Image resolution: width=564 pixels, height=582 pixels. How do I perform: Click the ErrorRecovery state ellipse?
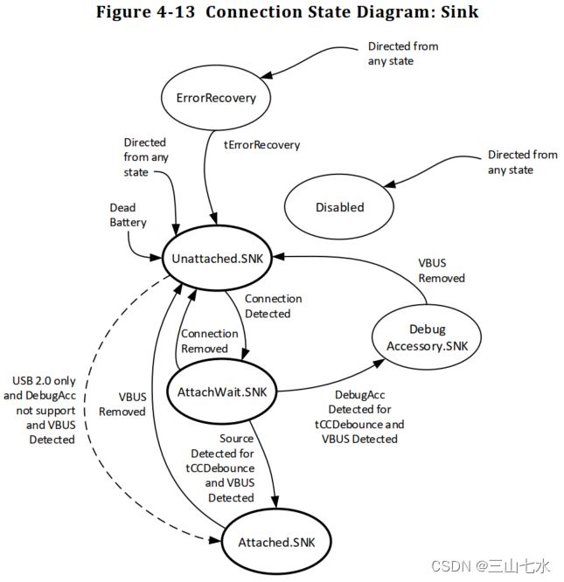coord(216,98)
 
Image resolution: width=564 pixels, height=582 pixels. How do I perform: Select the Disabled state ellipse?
coord(339,207)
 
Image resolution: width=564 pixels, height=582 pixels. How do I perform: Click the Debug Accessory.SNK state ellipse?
coord(427,337)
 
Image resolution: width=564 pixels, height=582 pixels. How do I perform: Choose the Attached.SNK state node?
coord(275,542)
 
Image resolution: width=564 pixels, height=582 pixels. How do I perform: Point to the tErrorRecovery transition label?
coord(262,145)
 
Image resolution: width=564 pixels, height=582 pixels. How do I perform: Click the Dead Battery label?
coord(128,215)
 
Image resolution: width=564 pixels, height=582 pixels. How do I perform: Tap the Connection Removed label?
coord(209,341)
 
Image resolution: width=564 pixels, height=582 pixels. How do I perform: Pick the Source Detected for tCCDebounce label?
coord(221,468)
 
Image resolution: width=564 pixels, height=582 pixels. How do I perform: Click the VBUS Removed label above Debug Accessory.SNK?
coord(441,270)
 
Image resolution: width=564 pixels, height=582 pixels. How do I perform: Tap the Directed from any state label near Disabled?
coord(522,162)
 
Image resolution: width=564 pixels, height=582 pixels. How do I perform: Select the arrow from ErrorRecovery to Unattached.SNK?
coord(206,175)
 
